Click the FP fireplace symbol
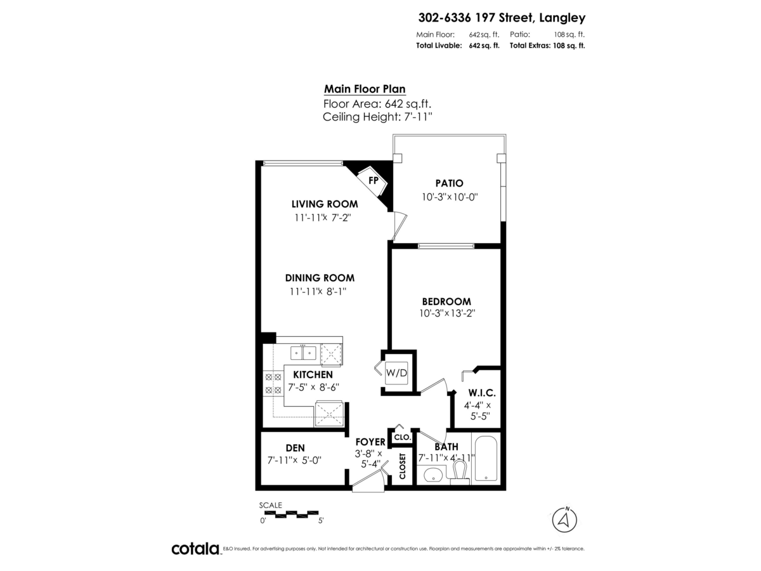tap(372, 180)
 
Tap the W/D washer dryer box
tap(396, 372)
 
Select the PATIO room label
tap(450, 183)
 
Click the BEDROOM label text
tap(446, 301)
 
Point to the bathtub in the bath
tap(486, 459)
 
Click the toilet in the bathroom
tap(459, 472)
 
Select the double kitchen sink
tap(303, 353)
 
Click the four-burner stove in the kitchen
tap(273, 383)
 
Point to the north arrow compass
tap(564, 520)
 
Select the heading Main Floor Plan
tap(365, 89)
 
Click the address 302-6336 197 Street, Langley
tap(502, 17)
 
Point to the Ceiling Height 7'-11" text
tap(377, 117)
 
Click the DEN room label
tap(296, 448)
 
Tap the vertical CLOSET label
tap(403, 466)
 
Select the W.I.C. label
tap(482, 393)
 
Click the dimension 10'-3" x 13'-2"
tap(447, 313)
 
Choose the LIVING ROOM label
tap(325, 204)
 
